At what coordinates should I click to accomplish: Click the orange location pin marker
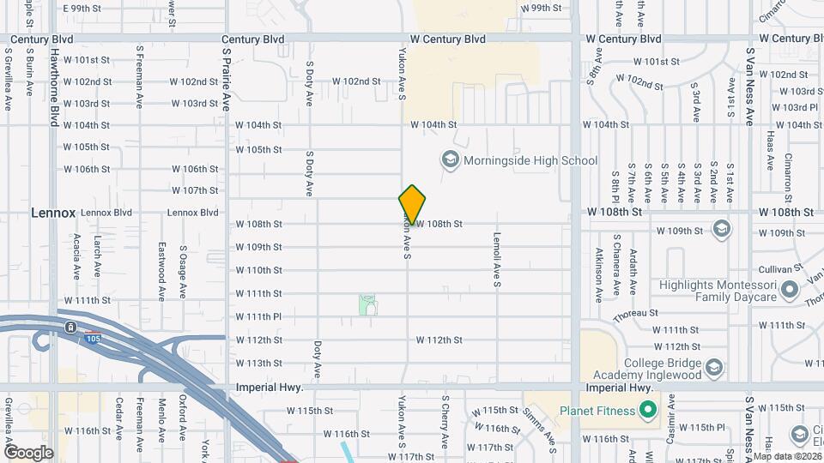pos(413,205)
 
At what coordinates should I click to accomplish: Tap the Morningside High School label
pos(530,160)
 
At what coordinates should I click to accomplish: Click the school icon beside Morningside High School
pos(449,159)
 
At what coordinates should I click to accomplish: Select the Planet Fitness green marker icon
pos(649,410)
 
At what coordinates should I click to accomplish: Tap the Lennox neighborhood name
pos(53,212)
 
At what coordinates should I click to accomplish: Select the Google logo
pos(28,452)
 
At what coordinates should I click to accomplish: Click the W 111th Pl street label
pos(258,316)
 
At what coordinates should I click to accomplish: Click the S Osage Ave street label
pos(183,273)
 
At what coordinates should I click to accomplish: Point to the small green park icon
pos(367,304)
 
